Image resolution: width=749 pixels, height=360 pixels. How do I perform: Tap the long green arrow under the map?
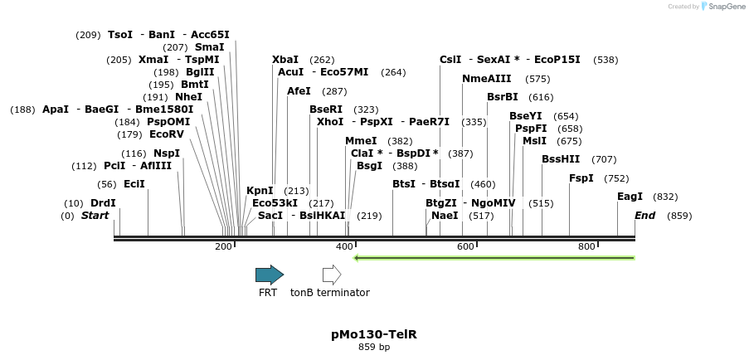tap(494, 258)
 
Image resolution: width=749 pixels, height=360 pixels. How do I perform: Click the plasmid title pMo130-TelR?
tap(373, 334)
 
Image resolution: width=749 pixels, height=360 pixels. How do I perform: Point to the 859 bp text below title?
tap(373, 347)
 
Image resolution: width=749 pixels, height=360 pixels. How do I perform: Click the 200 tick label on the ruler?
tap(223, 246)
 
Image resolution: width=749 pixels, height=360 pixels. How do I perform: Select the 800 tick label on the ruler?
tap(586, 246)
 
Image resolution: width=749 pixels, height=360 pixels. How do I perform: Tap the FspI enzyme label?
tap(581, 178)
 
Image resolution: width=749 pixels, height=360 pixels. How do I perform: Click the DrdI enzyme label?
tap(103, 203)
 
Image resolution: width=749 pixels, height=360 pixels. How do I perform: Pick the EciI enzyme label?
tap(134, 184)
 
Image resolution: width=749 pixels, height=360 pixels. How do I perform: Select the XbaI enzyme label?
tap(285, 60)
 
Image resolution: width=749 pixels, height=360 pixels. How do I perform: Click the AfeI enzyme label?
tap(299, 91)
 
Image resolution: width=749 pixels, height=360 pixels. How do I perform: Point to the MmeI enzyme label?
tap(361, 141)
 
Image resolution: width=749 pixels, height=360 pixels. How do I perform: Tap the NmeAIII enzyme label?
tap(487, 79)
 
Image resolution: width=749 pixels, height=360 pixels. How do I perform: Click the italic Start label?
tap(95, 216)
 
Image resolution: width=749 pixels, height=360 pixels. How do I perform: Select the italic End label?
tap(645, 216)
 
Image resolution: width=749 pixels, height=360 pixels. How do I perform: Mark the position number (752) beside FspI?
tap(616, 178)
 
